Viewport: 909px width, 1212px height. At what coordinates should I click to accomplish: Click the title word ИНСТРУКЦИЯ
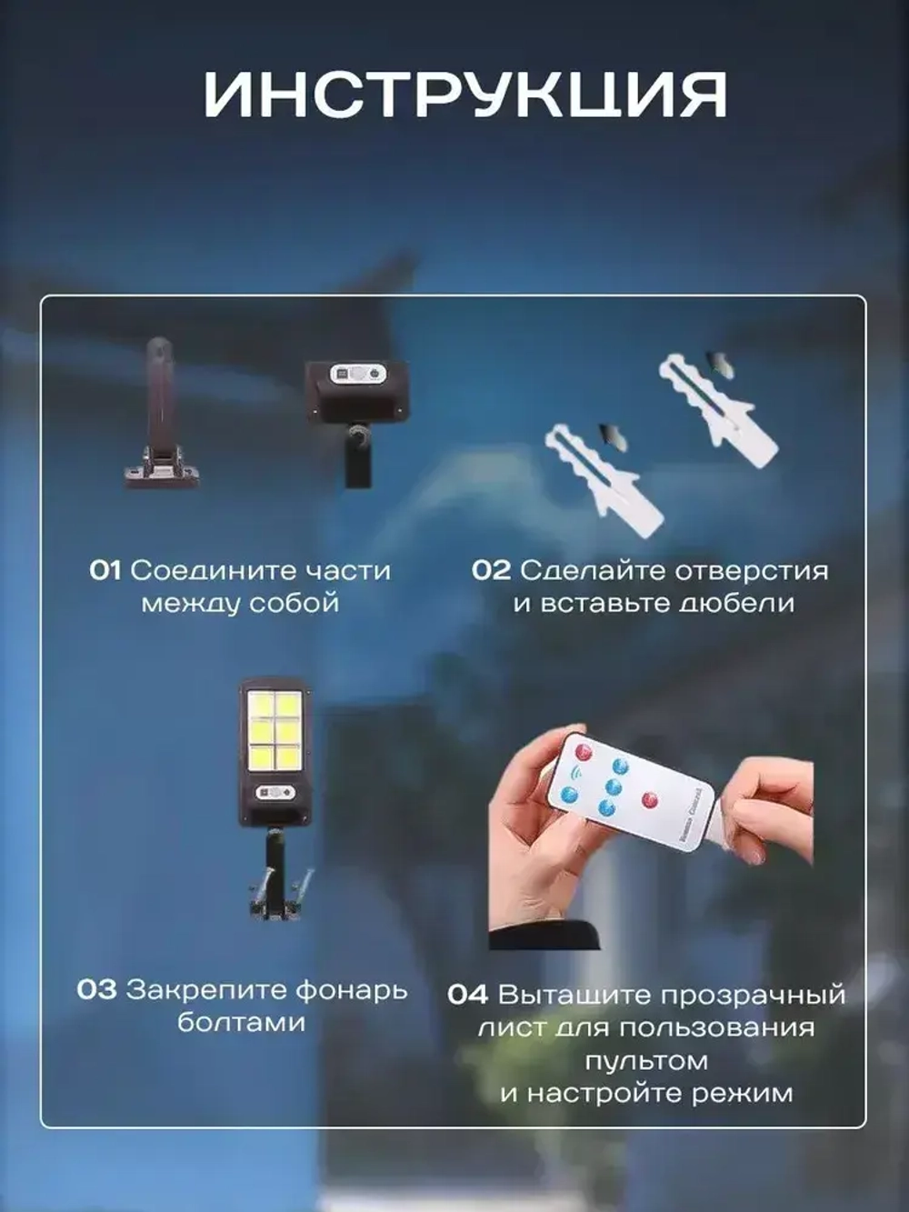pos(464,95)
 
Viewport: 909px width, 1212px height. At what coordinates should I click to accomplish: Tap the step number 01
pos(105,571)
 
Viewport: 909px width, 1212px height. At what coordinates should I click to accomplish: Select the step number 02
pos(491,571)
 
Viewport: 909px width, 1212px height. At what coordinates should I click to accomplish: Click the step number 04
pos(467,996)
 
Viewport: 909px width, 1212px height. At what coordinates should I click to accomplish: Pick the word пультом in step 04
pos(646,1061)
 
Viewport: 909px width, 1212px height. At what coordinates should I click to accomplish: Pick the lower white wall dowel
pos(604,476)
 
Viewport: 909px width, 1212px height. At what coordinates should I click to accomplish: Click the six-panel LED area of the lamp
pos(275,730)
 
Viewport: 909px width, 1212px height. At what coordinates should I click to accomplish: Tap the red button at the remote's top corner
pos(584,751)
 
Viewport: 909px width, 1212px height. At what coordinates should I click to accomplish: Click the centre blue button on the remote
pos(614,786)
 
